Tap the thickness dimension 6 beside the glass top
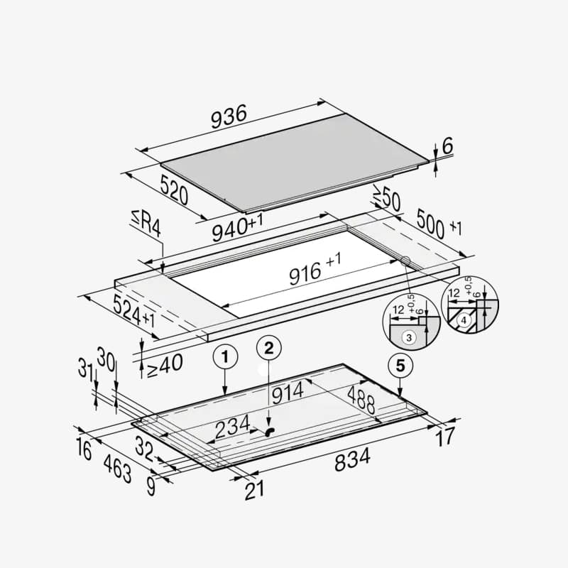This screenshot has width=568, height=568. (x=447, y=146)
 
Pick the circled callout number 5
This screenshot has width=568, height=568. (x=400, y=366)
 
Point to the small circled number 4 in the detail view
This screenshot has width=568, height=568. (x=464, y=319)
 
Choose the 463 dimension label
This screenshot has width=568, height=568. (x=116, y=469)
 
